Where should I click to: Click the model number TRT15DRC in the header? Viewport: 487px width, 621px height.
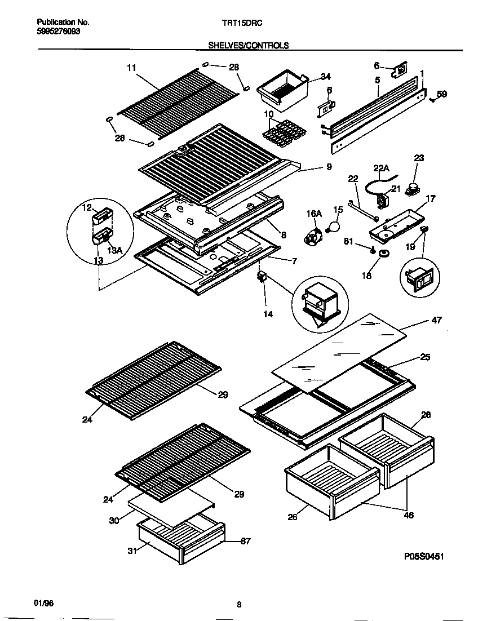click(240, 23)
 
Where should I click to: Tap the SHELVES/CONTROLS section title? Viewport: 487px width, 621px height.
click(249, 45)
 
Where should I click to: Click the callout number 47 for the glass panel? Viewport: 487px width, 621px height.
click(436, 321)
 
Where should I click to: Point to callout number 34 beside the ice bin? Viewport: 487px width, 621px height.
click(325, 77)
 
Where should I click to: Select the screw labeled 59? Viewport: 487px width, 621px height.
click(432, 100)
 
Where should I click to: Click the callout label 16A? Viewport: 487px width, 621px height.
click(313, 214)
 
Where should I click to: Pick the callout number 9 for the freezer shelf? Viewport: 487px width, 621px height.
click(329, 167)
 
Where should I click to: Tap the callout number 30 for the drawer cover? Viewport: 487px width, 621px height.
click(114, 521)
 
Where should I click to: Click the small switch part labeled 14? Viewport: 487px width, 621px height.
click(262, 277)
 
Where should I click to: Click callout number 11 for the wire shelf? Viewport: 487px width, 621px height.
click(131, 68)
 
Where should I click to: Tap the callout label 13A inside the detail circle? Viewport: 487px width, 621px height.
click(114, 250)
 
